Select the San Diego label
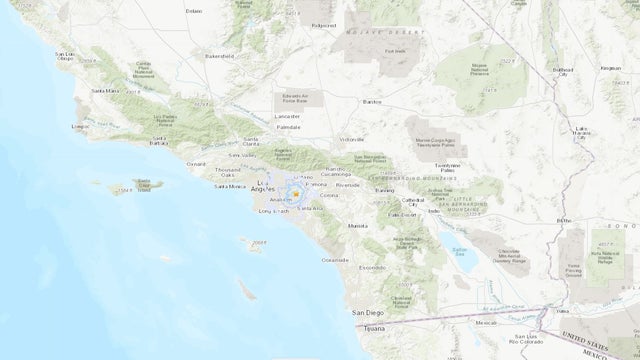pos(372,313)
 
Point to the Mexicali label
pos(486,323)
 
